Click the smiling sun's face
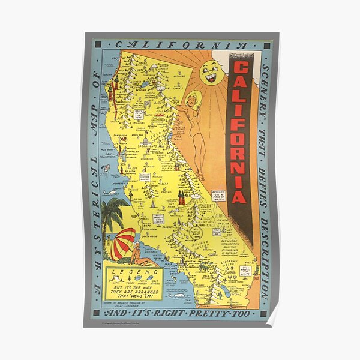[212, 72]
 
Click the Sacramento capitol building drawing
[146, 142]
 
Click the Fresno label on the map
[169, 191]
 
